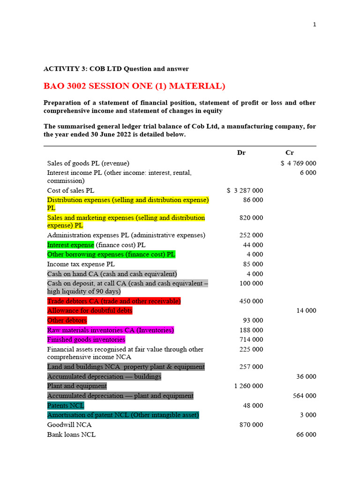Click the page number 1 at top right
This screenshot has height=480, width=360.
point(315,25)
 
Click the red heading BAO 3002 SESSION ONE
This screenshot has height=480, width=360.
point(134,86)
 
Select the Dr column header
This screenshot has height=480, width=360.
point(241,153)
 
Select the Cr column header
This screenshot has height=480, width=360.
point(290,153)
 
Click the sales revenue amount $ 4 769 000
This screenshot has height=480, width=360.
point(298,164)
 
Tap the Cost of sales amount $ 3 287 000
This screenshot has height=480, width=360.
point(245,191)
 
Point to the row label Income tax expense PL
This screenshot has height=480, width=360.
point(81,264)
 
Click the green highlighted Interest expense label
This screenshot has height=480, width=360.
point(70,245)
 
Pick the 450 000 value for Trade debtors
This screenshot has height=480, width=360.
point(251,301)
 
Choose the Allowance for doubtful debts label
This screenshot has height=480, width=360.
point(90,311)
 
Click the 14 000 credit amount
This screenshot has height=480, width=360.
point(306,311)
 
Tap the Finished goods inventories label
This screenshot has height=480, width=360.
point(86,339)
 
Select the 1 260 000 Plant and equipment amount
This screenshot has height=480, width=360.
point(248,386)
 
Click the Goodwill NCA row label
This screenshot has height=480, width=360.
point(69,425)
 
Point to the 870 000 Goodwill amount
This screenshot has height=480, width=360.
point(251,425)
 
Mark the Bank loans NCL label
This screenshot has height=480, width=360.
point(71,435)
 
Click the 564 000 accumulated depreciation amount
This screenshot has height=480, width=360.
point(304,396)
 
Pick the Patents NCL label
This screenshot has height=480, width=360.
point(65,405)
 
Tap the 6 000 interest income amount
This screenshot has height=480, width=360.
point(308,173)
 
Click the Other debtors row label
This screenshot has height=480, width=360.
point(67,321)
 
